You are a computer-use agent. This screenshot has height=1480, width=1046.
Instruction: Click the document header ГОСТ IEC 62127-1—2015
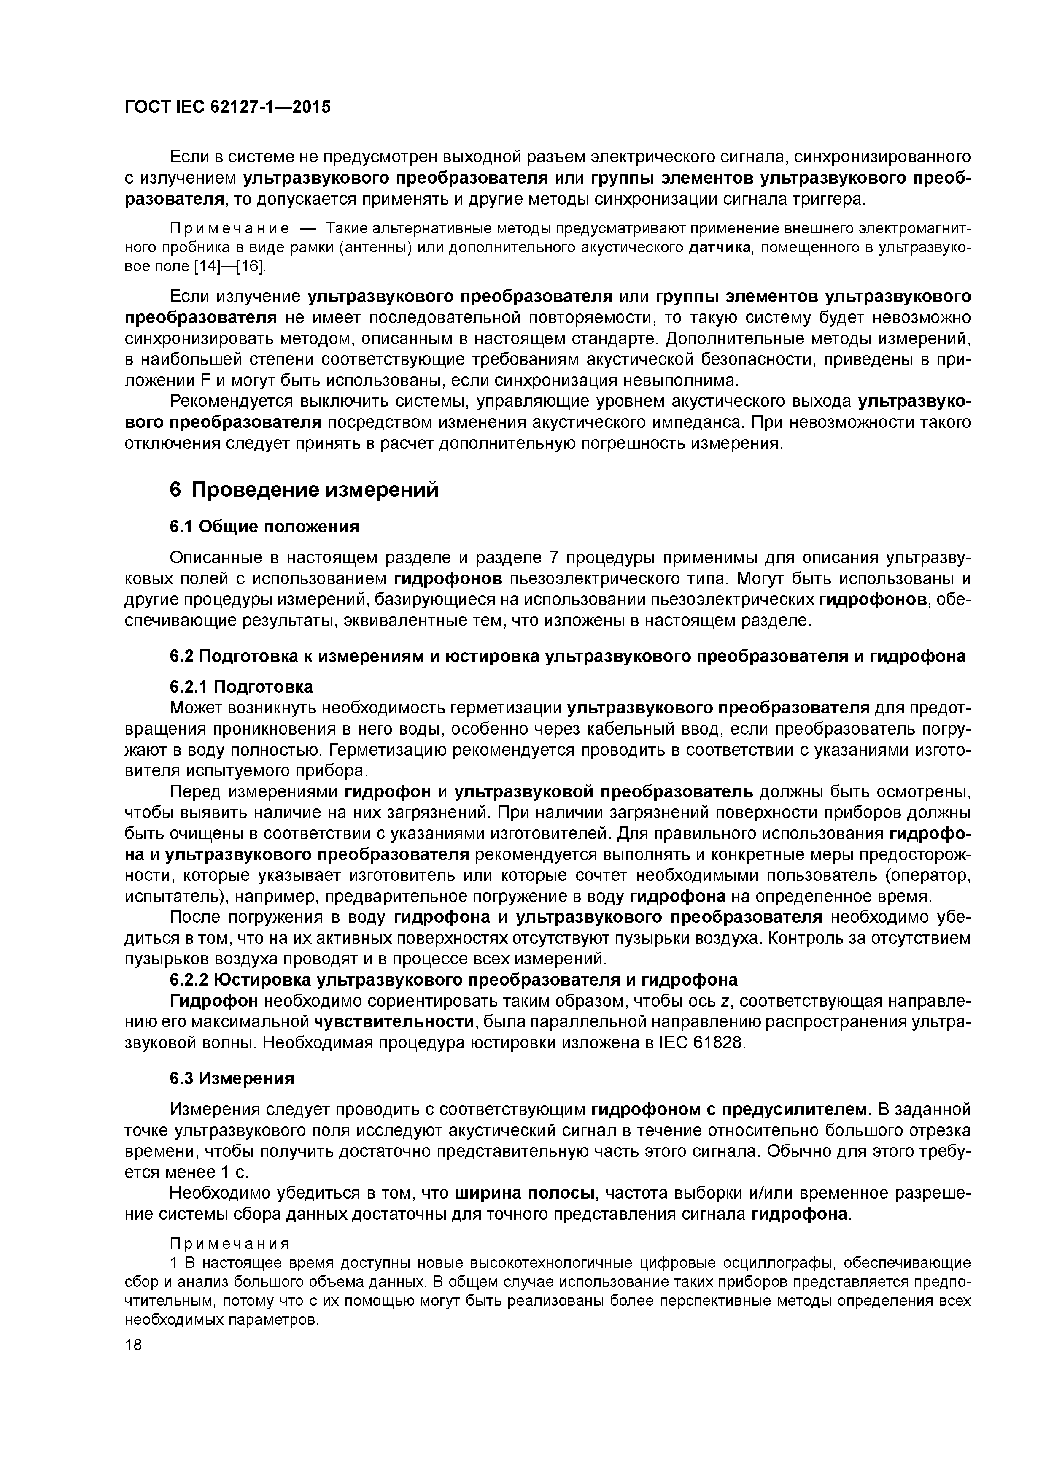227,107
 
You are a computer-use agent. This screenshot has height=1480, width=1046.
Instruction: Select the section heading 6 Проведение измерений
304,490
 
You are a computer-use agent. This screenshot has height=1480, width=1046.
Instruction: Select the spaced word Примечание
228,228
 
